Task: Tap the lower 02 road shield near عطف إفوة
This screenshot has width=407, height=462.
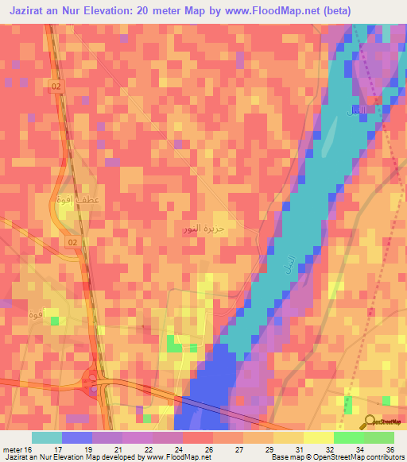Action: click(x=73, y=241)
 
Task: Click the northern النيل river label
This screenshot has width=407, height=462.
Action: click(x=359, y=108)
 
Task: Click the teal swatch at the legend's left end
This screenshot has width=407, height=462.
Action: click(x=47, y=437)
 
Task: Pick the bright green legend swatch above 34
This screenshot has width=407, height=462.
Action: click(x=349, y=437)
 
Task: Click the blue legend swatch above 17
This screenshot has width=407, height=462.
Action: click(x=77, y=437)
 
